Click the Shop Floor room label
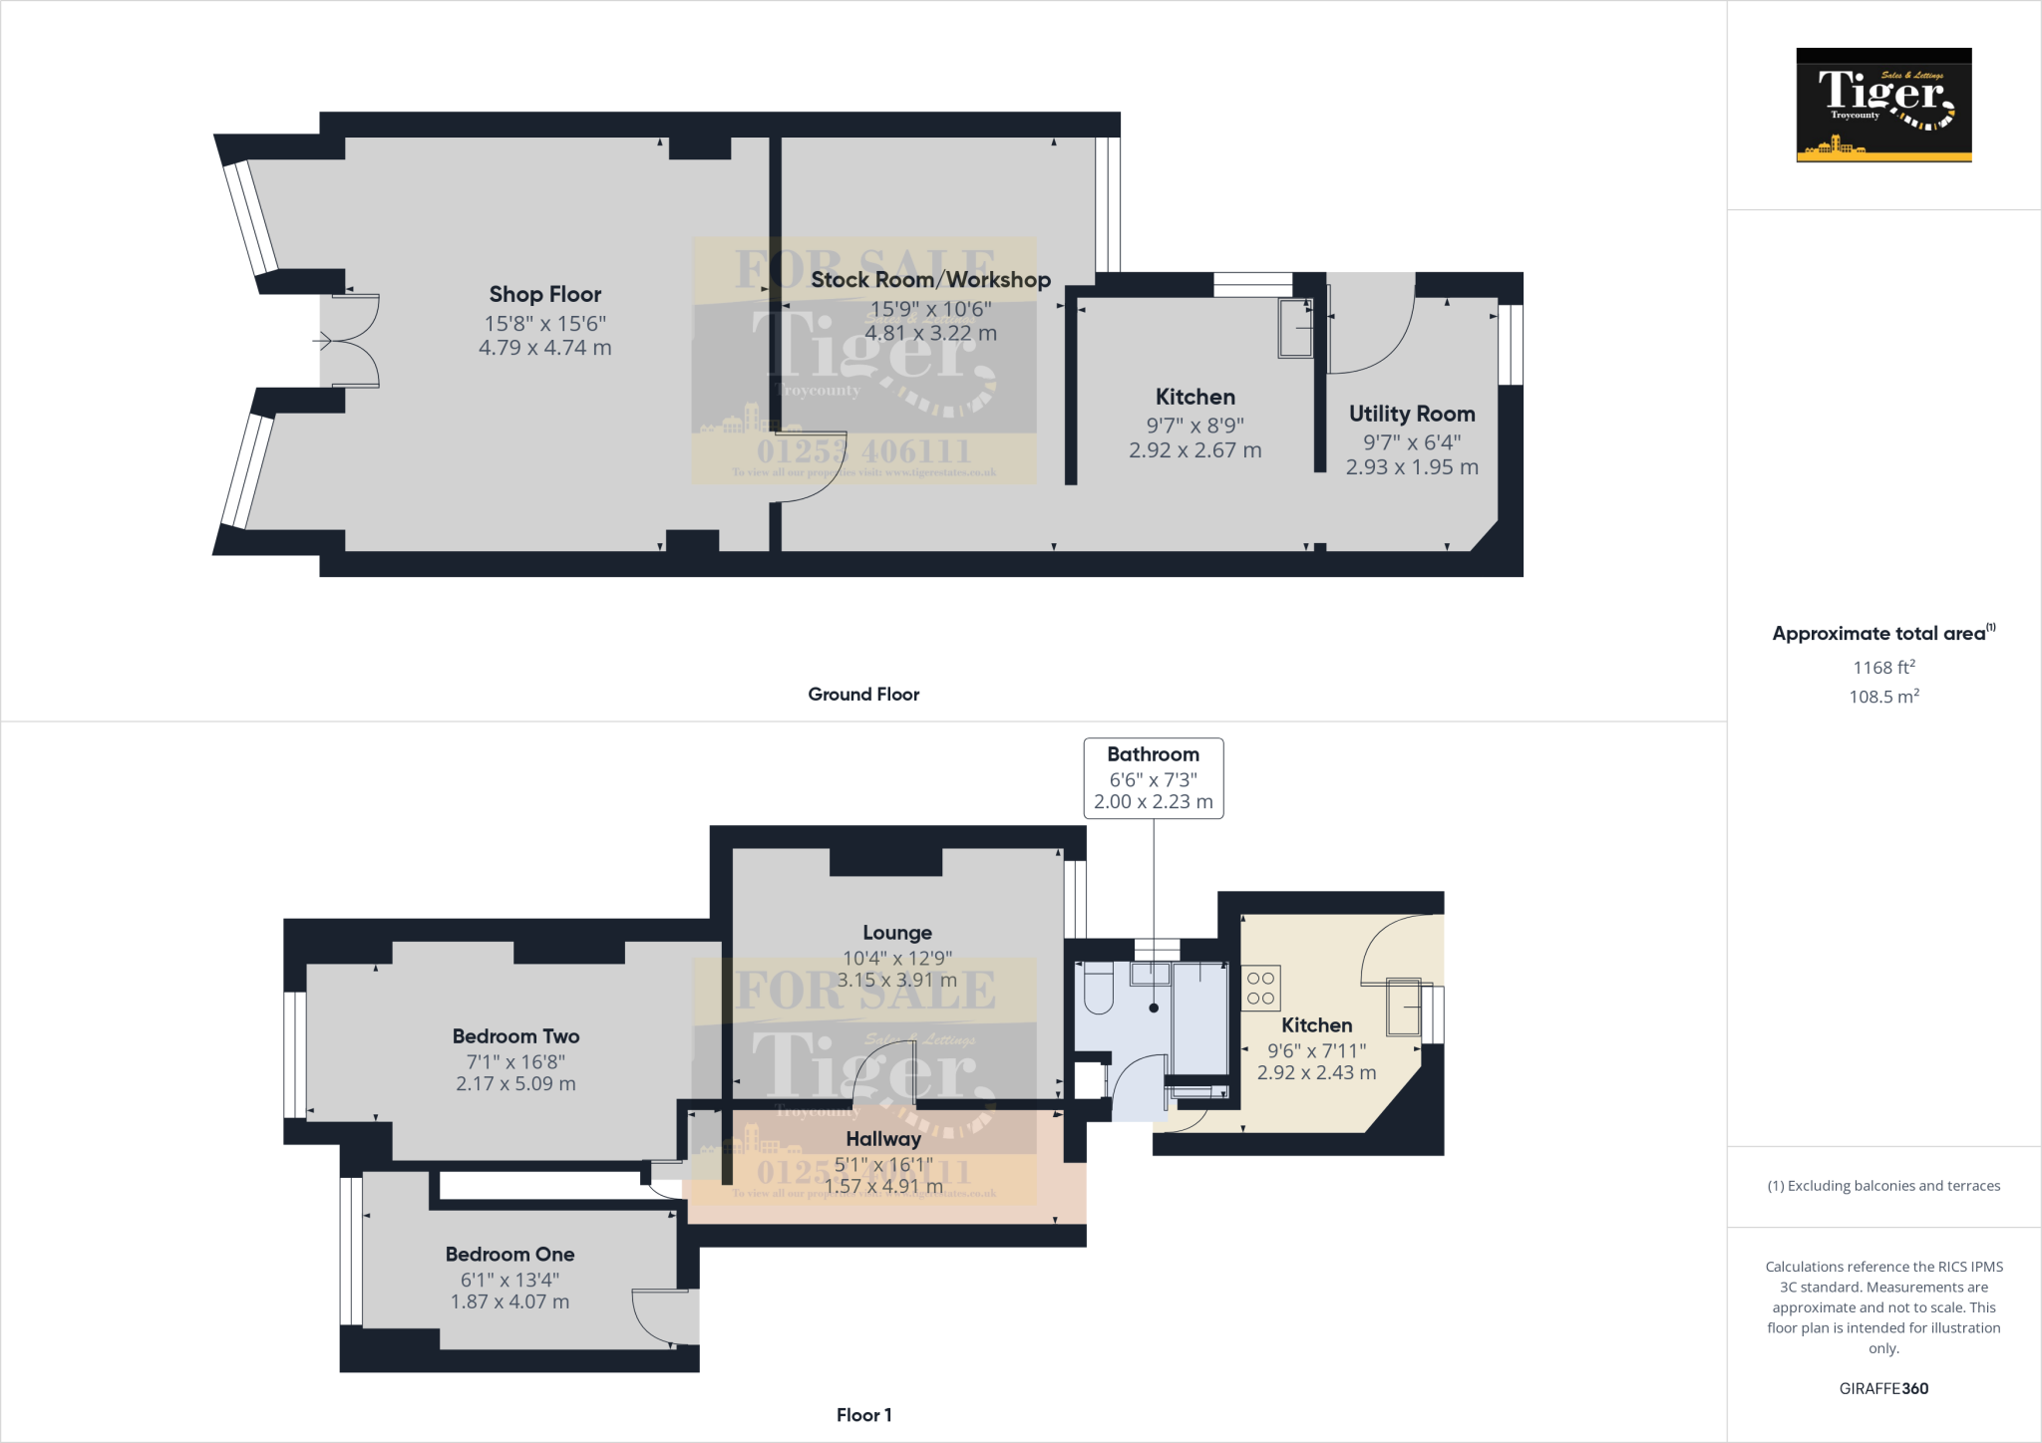tap(544, 295)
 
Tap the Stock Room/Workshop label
tap(929, 280)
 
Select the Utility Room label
tap(1411, 414)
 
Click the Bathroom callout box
tap(1154, 778)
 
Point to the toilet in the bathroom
tap(1098, 988)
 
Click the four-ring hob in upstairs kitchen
tap(1260, 988)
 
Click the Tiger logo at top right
tap(1883, 105)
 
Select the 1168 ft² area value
tap(1883, 668)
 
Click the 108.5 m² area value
tap(1883, 697)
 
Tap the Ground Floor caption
tap(863, 695)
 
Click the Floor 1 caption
tap(863, 1415)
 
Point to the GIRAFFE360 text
tap(1883, 1388)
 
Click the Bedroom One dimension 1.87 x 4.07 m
tap(510, 1301)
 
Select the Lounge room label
tap(896, 933)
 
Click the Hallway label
tap(882, 1139)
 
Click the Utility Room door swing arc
tap(1381, 344)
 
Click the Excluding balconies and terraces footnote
tap(1883, 1186)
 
